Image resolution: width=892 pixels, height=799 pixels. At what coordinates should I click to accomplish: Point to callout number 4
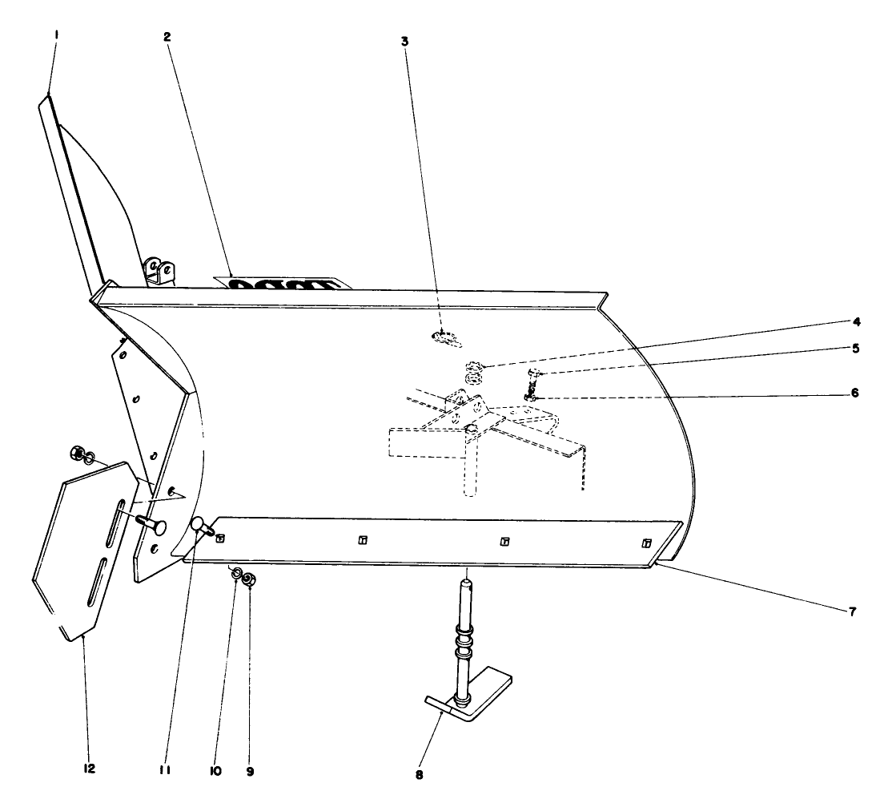[x=856, y=322]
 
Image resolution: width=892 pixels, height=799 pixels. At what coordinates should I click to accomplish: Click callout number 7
[x=852, y=612]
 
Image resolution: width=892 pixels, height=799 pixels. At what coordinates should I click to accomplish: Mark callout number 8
[x=418, y=775]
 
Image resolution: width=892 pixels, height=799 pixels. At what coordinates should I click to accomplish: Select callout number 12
[x=89, y=769]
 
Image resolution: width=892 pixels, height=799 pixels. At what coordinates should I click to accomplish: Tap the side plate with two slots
[x=80, y=553]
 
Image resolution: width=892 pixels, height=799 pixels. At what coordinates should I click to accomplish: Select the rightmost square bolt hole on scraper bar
[x=647, y=543]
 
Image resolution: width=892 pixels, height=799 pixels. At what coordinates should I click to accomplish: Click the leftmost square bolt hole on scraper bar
[x=220, y=538]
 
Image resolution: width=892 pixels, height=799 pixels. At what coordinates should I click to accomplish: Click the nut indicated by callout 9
[x=249, y=579]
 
